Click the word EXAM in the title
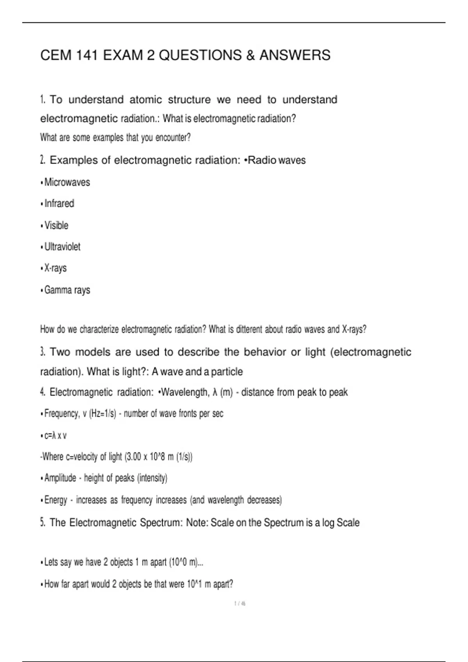tap(123, 55)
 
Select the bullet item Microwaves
tap(67, 182)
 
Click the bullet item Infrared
tap(59, 204)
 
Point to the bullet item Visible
tap(57, 225)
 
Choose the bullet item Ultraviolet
tap(62, 247)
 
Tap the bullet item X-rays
tap(55, 268)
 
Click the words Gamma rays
tap(67, 290)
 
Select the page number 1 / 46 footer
tap(239, 604)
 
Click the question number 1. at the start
tap(43, 100)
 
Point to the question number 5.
tap(43, 523)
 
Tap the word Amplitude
tap(60, 478)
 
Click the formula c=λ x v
tap(55, 435)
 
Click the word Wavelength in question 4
tap(185, 392)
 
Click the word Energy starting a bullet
tap(56, 500)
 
